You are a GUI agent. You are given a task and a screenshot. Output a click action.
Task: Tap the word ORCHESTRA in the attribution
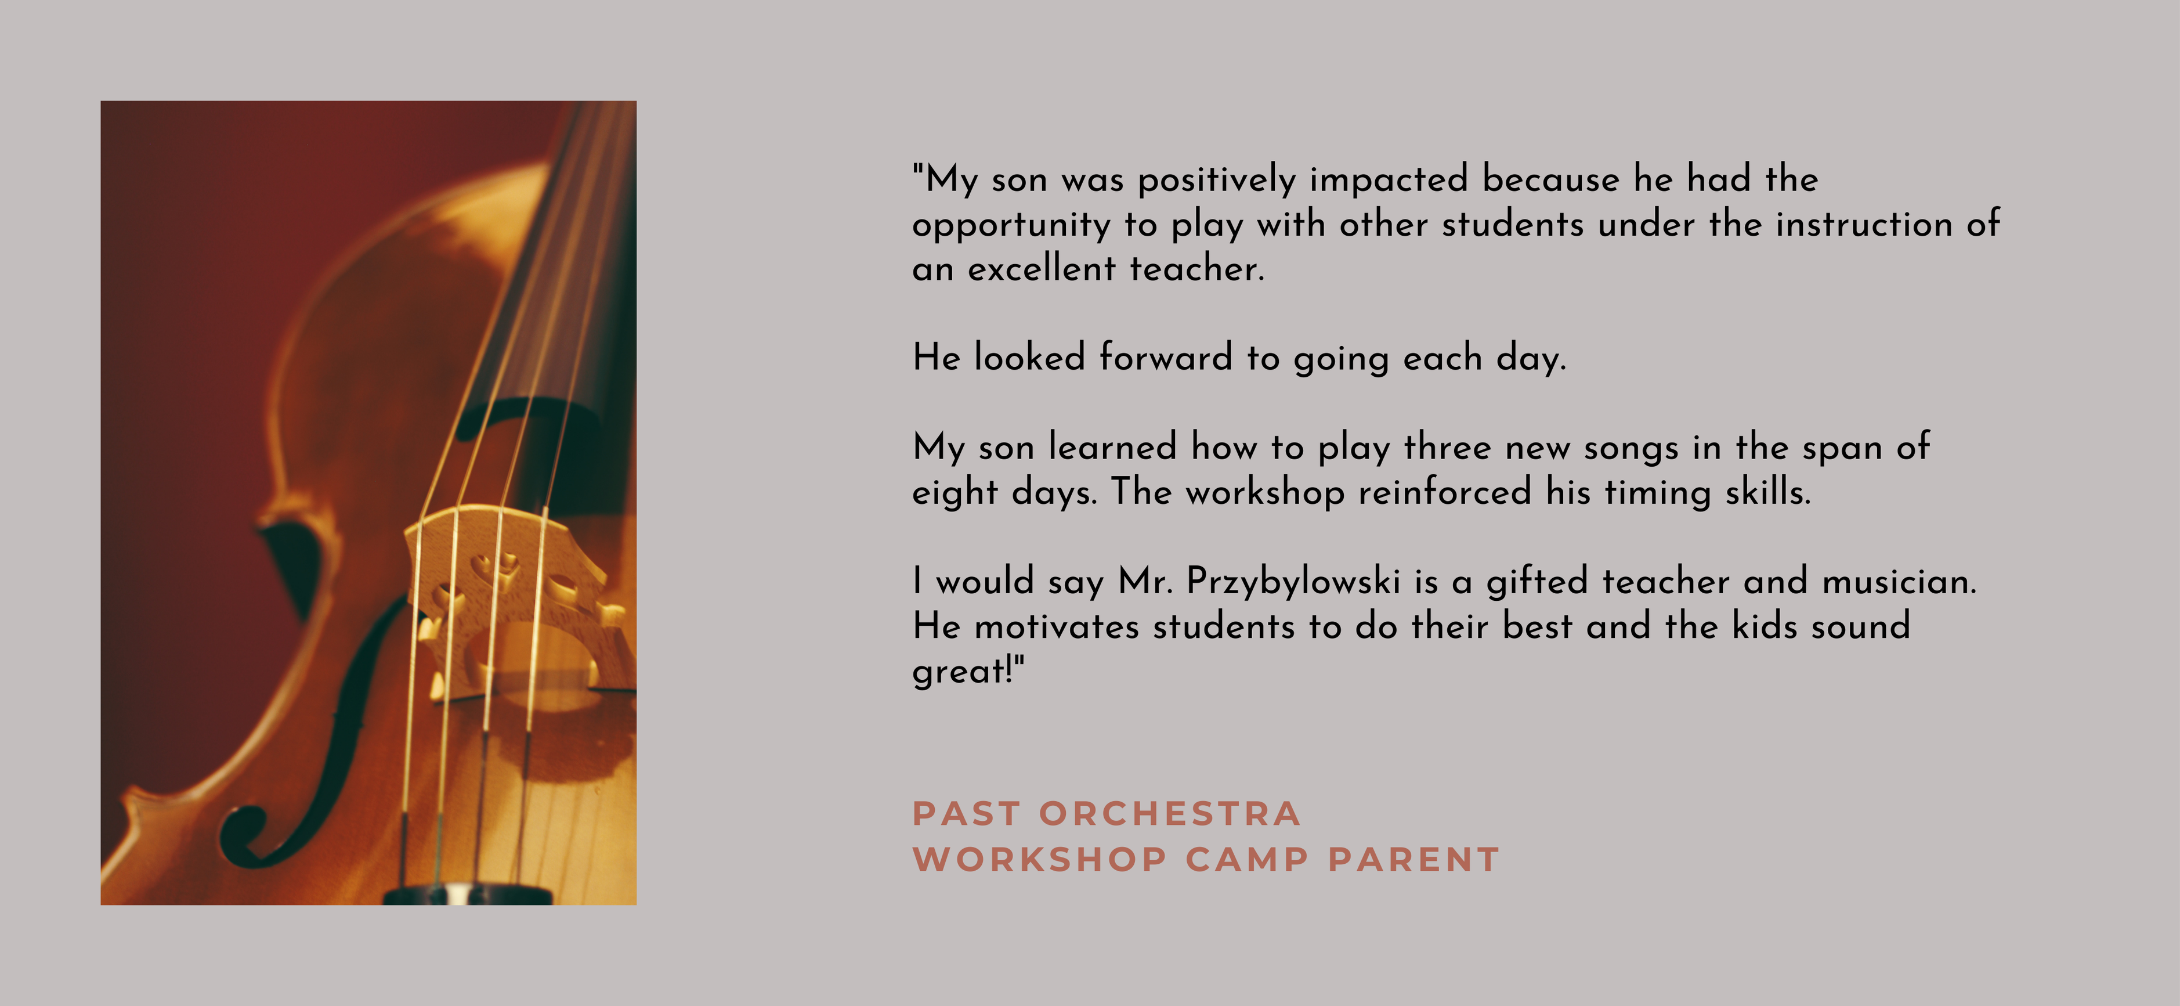point(1170,814)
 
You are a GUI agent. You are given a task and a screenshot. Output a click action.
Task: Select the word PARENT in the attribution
point(1413,860)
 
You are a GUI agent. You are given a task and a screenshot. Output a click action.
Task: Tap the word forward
point(1165,358)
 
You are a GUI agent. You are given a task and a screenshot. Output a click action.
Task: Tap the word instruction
point(1864,225)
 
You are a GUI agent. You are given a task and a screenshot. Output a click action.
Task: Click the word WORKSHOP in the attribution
point(1040,860)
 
